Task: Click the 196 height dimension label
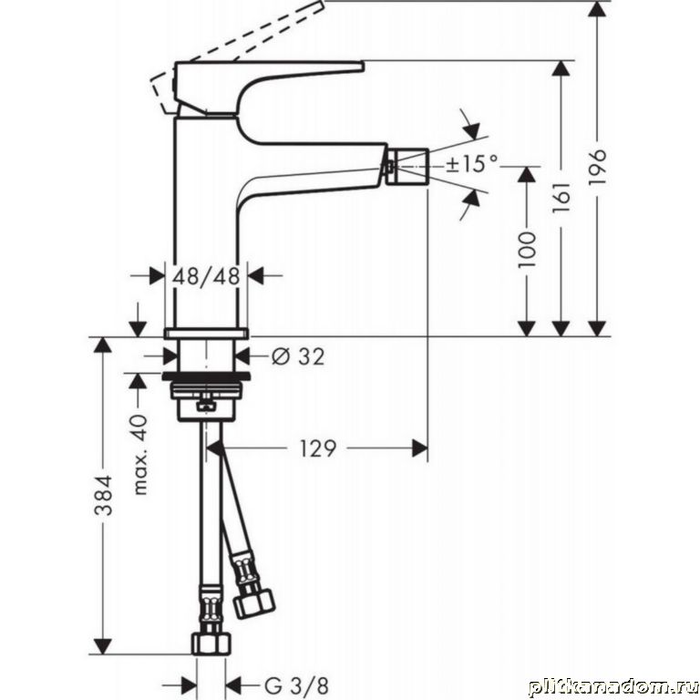point(598,167)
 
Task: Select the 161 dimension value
point(562,197)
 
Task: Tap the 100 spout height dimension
point(527,250)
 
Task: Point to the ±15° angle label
point(472,163)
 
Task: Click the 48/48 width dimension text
point(206,276)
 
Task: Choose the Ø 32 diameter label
point(298,356)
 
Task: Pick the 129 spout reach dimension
point(317,448)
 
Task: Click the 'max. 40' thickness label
point(140,455)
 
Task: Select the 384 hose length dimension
point(104,495)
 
